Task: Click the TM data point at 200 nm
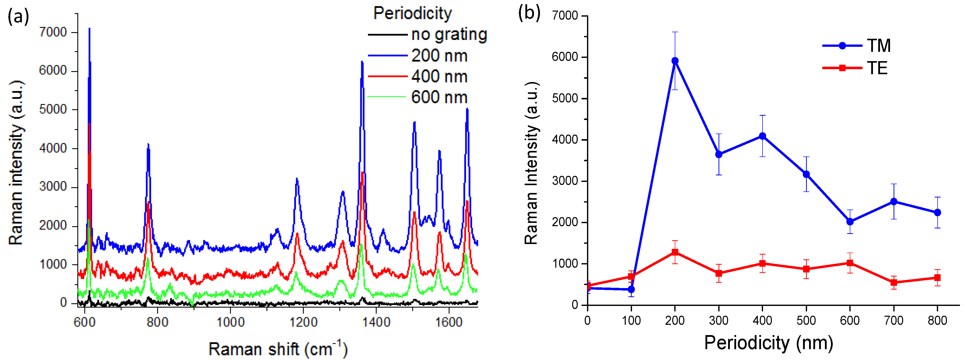tap(675, 61)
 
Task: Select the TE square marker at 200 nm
tap(675, 252)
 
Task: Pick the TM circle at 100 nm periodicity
tap(631, 290)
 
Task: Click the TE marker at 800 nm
tap(937, 277)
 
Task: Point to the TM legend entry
tap(878, 46)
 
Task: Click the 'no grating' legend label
tap(449, 34)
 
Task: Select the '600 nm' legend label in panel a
tap(439, 97)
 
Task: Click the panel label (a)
tap(18, 17)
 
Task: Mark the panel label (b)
tap(529, 13)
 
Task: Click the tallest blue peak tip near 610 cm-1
tap(89, 28)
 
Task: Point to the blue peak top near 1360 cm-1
tap(362, 62)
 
